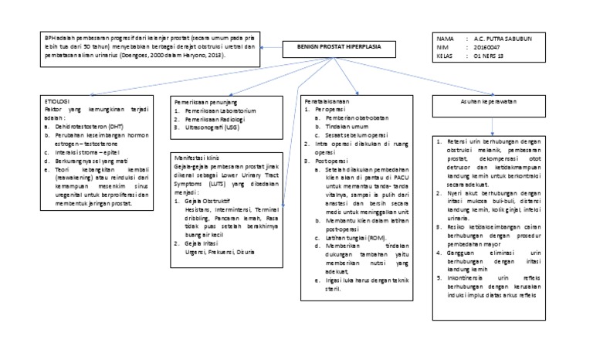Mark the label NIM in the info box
click(x=443, y=47)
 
